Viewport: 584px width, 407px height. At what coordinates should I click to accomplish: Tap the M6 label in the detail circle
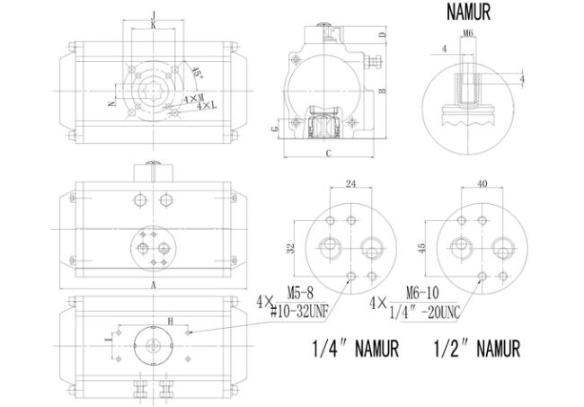(x=467, y=32)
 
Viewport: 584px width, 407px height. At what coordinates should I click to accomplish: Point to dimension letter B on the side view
(x=382, y=91)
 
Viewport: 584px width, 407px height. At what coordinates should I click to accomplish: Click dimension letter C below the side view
(x=328, y=154)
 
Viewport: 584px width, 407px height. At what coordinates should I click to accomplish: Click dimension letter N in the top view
(x=111, y=104)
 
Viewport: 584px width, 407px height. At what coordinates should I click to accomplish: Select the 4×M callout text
(x=193, y=96)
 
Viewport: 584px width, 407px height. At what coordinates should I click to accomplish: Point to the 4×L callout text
(x=204, y=107)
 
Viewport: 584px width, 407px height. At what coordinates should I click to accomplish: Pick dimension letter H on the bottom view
(x=168, y=320)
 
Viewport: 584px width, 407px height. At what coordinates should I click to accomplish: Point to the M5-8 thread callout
(x=301, y=292)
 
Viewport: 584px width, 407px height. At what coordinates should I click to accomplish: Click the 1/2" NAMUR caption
(x=476, y=347)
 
